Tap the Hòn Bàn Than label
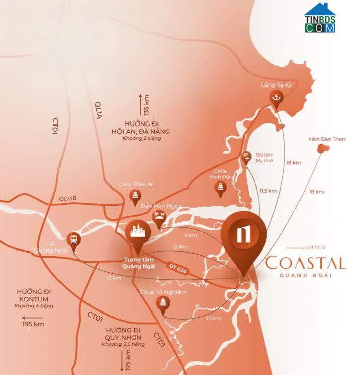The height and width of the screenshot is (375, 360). pyautogui.click(x=327, y=139)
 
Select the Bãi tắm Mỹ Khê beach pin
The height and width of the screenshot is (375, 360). pyautogui.click(x=246, y=157)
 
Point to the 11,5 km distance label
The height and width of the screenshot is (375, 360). pyautogui.click(x=268, y=191)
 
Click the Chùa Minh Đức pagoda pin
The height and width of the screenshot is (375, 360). pyautogui.click(x=220, y=189)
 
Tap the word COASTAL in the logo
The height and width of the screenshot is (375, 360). pyautogui.click(x=305, y=263)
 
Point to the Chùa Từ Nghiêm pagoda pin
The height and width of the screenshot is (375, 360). pyautogui.click(x=163, y=303)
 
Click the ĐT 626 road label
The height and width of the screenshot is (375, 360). pyautogui.click(x=177, y=266)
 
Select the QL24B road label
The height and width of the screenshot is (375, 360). pyautogui.click(x=67, y=198)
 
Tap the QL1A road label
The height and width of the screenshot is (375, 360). pyautogui.click(x=99, y=110)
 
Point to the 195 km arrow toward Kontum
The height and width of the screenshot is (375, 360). pyautogui.click(x=33, y=324)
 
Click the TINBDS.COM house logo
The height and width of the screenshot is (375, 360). pyautogui.click(x=320, y=18)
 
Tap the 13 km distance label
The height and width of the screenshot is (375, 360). pyautogui.click(x=114, y=278)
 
